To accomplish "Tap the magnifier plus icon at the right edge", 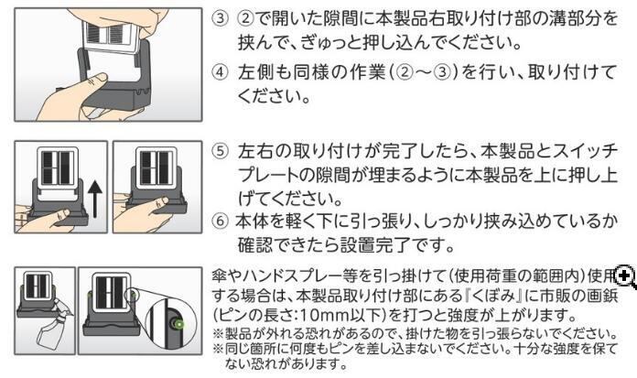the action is click(x=626, y=275).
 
